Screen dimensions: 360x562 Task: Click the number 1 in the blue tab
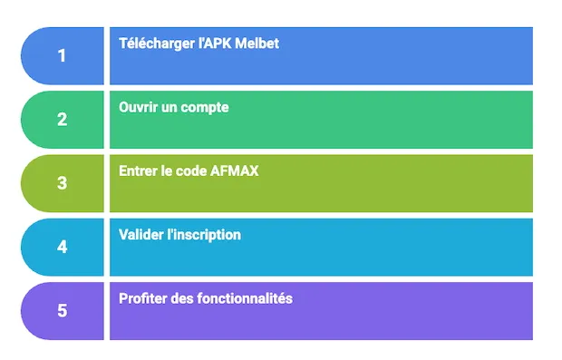coord(62,55)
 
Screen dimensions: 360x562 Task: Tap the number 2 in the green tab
coord(62,119)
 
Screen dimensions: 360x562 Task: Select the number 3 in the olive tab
coord(62,182)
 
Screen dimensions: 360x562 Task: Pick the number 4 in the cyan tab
coord(62,246)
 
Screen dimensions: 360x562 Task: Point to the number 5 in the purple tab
coord(62,310)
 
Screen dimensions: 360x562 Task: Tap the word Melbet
coord(257,44)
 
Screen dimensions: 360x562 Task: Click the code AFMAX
coord(234,170)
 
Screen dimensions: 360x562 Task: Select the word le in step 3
coord(167,170)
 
